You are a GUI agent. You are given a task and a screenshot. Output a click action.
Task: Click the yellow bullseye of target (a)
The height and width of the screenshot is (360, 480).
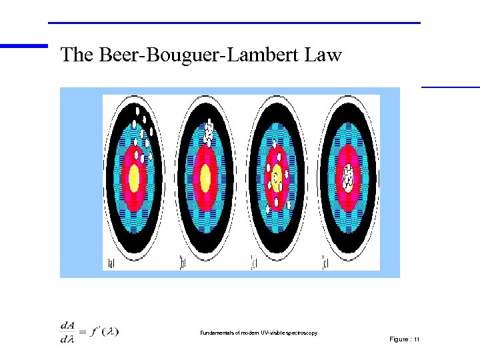[x=133, y=178]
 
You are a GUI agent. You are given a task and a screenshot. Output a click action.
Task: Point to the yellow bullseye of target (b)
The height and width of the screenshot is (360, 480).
[x=205, y=177]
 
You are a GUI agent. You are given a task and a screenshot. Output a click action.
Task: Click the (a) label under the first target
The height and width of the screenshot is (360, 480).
[x=111, y=265]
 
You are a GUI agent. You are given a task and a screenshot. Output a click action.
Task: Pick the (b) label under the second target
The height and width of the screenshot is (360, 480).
[x=181, y=265]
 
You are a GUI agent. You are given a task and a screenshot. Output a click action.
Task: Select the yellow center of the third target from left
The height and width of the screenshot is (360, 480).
[x=276, y=177]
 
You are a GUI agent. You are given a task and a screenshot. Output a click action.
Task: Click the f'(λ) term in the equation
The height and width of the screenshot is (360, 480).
[x=105, y=331]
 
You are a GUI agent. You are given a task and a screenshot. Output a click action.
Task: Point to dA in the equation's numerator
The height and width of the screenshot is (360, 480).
[x=67, y=325]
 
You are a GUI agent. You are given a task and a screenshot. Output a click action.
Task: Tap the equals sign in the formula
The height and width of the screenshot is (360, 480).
[x=83, y=331]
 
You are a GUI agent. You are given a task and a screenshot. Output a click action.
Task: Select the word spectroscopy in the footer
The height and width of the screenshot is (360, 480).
[x=301, y=333]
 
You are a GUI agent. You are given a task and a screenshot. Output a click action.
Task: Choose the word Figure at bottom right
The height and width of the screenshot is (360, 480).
[x=399, y=339]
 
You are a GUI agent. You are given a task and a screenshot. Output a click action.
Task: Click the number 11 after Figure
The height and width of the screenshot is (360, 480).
[x=417, y=339]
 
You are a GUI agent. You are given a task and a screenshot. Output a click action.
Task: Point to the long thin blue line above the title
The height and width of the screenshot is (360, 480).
[x=234, y=23]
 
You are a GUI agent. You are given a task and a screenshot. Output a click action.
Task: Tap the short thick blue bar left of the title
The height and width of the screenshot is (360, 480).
[x=24, y=46]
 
